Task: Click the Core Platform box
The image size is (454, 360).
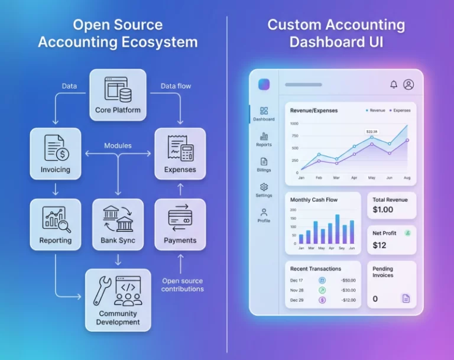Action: click(118, 94)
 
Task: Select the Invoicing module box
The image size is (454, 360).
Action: click(55, 153)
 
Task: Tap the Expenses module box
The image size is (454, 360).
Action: click(180, 153)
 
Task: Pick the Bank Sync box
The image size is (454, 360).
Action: click(118, 224)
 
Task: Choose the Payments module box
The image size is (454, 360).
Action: click(180, 224)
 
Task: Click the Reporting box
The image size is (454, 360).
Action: click(55, 224)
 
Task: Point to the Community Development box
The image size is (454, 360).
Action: click(118, 299)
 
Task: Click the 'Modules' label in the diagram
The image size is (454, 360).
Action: click(118, 145)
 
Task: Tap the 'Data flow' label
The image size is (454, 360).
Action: click(176, 86)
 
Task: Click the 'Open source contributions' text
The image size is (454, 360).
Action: click(183, 285)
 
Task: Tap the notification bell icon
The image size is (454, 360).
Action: click(394, 85)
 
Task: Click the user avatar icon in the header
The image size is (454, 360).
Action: click(408, 85)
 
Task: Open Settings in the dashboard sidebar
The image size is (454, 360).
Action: click(264, 190)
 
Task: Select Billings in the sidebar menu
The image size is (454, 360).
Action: click(264, 164)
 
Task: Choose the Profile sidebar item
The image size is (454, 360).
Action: click(264, 215)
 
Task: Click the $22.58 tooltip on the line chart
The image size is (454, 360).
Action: click(372, 131)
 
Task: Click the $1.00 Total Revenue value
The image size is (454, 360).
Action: click(382, 210)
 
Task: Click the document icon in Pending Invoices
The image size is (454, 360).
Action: click(406, 299)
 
